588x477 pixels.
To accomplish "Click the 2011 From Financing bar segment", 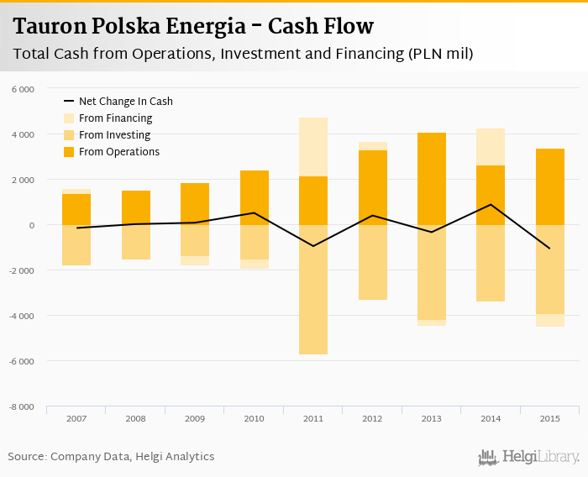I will [x=313, y=147].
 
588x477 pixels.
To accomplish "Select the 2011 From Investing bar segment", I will [x=313, y=289].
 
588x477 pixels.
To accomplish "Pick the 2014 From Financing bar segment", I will [x=491, y=147].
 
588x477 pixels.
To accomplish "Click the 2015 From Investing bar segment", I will [x=550, y=270].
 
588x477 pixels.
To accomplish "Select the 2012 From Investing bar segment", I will [x=372, y=262].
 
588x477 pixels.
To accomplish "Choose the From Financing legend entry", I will [x=115, y=118].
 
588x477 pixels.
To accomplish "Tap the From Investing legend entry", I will [x=114, y=135].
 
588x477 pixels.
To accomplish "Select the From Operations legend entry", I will [x=118, y=152].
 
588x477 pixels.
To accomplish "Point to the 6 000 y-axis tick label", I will [x=23, y=89].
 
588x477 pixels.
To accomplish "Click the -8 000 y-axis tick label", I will [x=22, y=406].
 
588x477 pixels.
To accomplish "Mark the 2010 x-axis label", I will [x=254, y=417].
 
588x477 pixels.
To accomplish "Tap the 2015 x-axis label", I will [x=550, y=417].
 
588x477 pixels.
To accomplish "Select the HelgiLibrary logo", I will [x=528, y=457].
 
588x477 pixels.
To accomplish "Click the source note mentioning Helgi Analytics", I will [x=111, y=457].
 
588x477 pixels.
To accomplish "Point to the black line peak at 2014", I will [x=491, y=205].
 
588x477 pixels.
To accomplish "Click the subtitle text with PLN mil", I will [x=244, y=55].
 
